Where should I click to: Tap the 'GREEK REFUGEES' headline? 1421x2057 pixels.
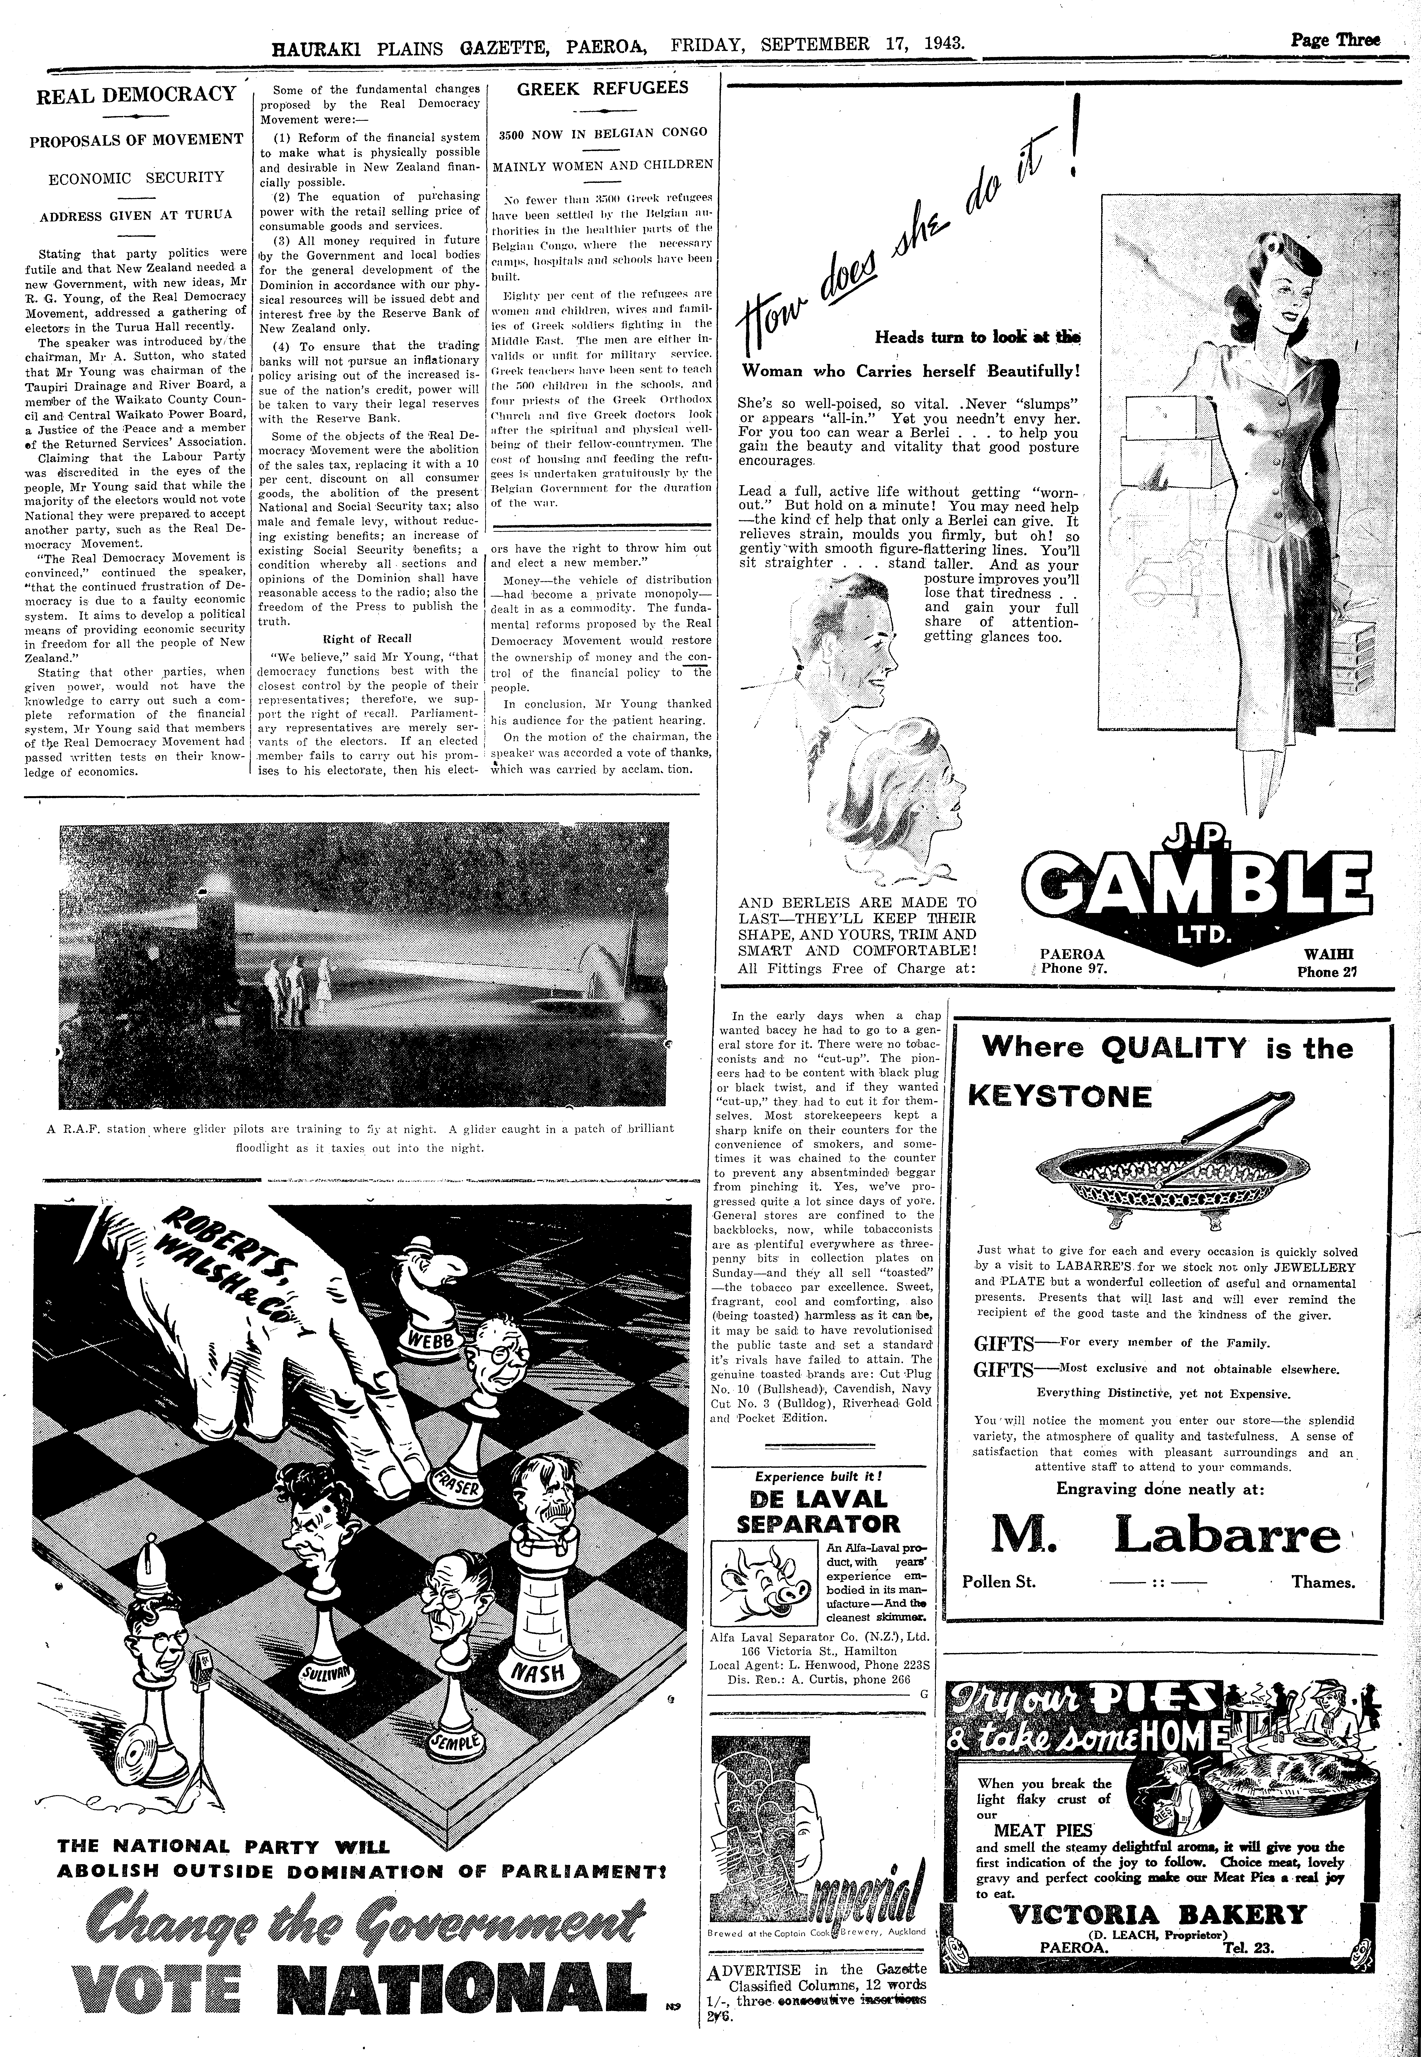[x=603, y=88]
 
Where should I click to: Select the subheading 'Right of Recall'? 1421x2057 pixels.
[x=361, y=639]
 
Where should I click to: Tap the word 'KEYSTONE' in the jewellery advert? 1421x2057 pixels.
[x=1060, y=1096]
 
